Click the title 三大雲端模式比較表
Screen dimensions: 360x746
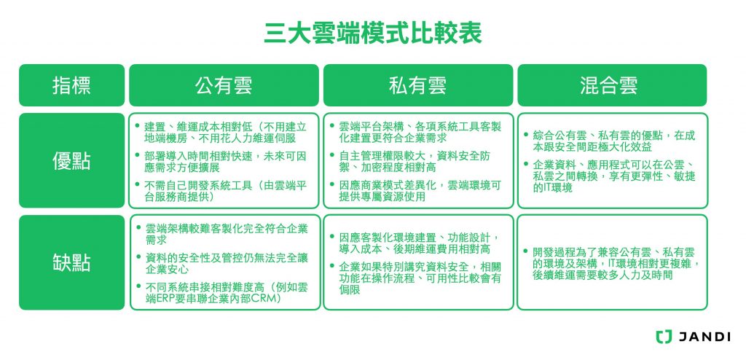click(372, 34)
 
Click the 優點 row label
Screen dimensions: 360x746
click(71, 160)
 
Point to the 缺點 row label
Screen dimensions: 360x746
click(71, 262)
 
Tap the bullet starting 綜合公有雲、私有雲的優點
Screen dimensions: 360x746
click(612, 141)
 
